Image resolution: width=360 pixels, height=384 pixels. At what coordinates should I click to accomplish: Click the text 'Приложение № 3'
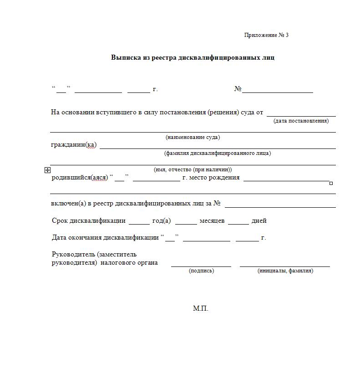pos(266,35)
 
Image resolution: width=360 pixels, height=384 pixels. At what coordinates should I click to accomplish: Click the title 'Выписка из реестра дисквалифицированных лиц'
pos(193,58)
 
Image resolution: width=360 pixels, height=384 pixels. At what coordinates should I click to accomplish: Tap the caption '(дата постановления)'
pos(301,121)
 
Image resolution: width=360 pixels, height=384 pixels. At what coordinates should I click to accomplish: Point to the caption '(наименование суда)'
pos(193,137)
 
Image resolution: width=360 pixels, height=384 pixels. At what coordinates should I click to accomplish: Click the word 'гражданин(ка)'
pos(74,145)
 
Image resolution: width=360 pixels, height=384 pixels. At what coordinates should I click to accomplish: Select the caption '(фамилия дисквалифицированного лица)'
pos(218,153)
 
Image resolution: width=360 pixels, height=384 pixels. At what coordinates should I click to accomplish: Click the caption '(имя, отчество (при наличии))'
pos(193,169)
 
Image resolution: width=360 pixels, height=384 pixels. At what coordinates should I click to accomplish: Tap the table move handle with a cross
pos(47,170)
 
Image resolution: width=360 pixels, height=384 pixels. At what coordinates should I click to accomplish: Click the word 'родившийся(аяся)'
pos(80,178)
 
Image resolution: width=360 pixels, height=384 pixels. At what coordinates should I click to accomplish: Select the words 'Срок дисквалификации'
pos(89,221)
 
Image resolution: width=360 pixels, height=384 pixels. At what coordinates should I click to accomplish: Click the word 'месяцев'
pos(212,221)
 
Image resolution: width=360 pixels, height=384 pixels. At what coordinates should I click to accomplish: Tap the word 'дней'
pos(259,221)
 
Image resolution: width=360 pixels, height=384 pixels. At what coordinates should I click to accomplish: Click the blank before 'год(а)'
pos(139,223)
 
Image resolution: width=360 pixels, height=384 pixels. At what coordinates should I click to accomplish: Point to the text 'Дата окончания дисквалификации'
pos(105,238)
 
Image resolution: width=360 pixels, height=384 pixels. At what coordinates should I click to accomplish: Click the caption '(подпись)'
pos(201,271)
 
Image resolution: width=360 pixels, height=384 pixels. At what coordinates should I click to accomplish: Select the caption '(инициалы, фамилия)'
pos(285,271)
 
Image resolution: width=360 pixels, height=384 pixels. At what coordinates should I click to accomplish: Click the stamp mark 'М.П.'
pos(200,308)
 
